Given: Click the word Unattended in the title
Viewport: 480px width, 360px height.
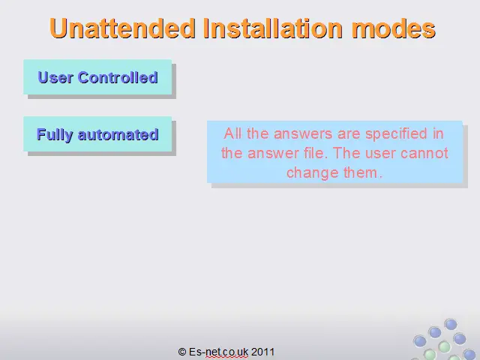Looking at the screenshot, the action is tap(122, 28).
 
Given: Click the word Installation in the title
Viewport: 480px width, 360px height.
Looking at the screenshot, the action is tap(273, 28).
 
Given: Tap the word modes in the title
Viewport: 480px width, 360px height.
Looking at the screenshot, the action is tap(394, 28).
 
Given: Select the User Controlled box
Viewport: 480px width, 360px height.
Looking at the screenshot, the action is tap(97, 76).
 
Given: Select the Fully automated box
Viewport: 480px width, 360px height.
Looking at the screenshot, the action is tap(97, 133).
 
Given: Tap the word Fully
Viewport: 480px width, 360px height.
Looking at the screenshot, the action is tap(55, 135).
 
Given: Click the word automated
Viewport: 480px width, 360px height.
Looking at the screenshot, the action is tap(118, 135).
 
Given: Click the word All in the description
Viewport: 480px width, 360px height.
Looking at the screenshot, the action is tap(232, 133).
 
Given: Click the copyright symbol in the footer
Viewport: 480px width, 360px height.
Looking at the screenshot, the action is tap(181, 352).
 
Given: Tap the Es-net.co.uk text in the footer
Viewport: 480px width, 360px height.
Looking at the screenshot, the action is tap(218, 352).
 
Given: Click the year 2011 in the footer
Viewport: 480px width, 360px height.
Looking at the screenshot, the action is tap(262, 352).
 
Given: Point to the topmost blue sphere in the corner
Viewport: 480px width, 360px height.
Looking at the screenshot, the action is tap(451, 325).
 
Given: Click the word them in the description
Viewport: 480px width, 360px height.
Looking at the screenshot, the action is tap(363, 172).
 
